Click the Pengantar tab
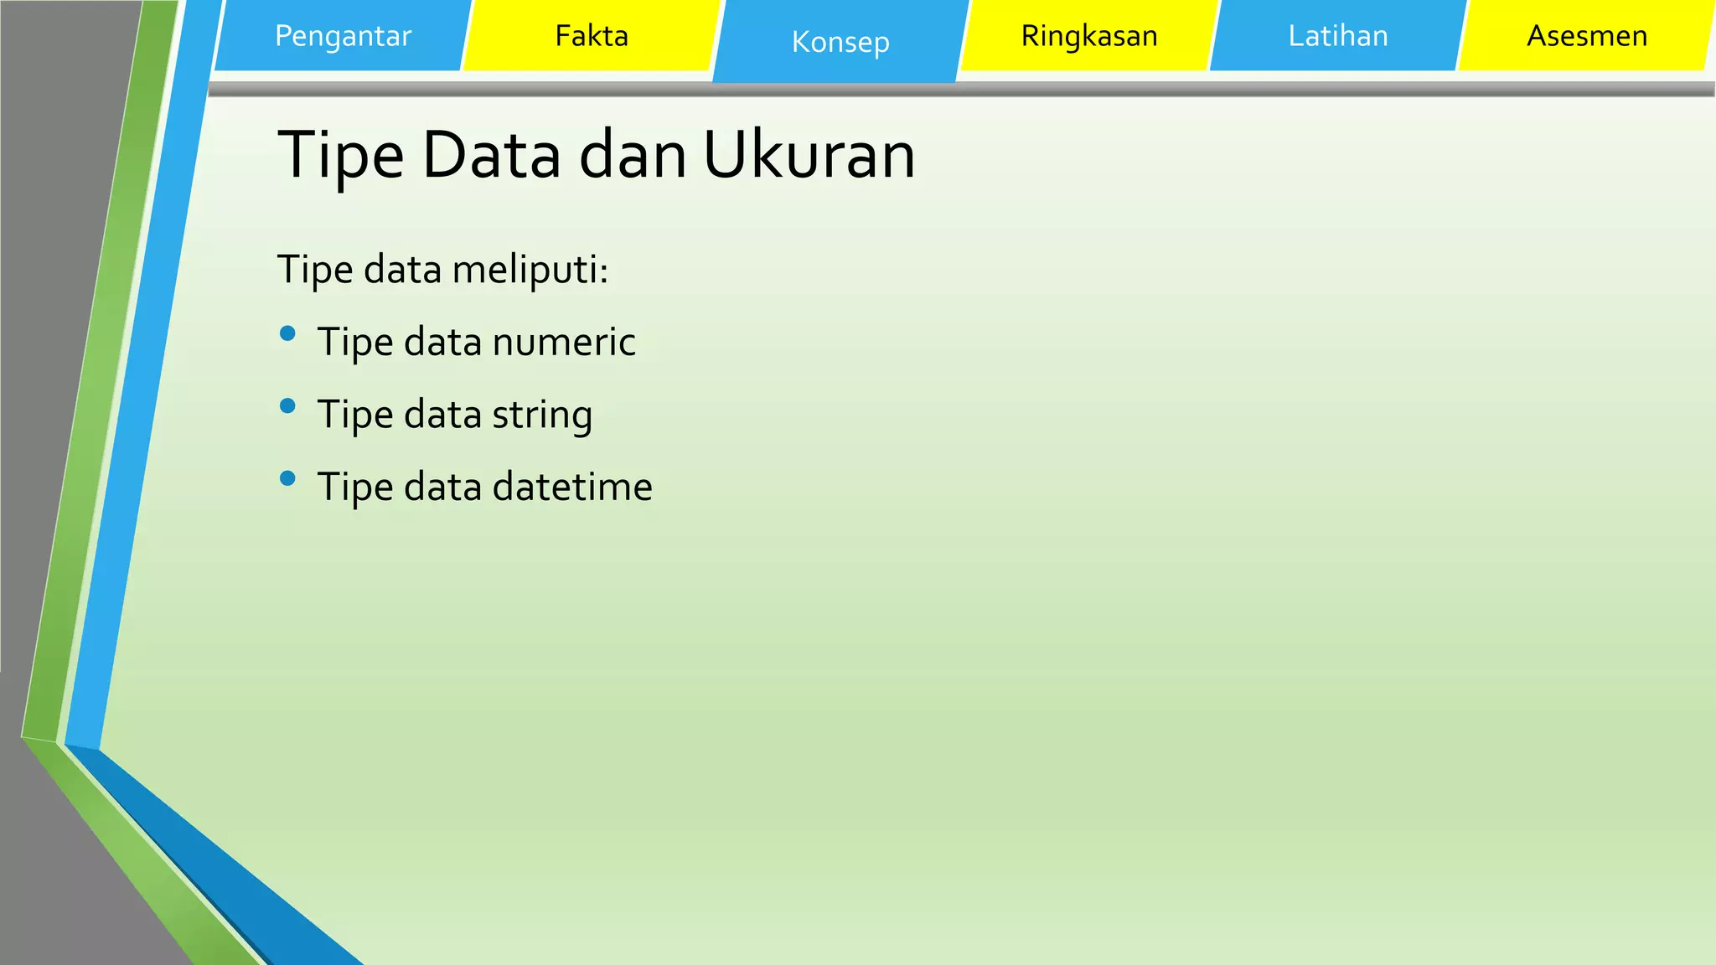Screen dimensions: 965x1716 tap(343, 36)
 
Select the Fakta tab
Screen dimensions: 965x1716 tap(592, 36)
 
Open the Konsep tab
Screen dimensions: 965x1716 tap(840, 42)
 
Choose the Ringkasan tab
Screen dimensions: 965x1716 tap(1089, 36)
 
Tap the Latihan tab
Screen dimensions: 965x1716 tap(1338, 36)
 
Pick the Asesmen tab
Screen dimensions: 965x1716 tap(1587, 36)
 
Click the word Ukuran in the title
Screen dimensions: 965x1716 tap(809, 156)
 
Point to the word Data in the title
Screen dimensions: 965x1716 tap(491, 156)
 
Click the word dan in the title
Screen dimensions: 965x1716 tap(633, 156)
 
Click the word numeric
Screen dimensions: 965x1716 tap(564, 343)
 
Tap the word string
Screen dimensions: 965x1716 tap(542, 415)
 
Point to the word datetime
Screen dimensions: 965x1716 tap(572, 488)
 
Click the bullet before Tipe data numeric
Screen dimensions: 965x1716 tap(288, 333)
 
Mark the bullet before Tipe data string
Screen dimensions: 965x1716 tap(288, 406)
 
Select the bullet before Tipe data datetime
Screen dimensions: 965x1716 tap(288, 478)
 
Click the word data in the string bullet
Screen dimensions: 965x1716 tap(442, 415)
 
